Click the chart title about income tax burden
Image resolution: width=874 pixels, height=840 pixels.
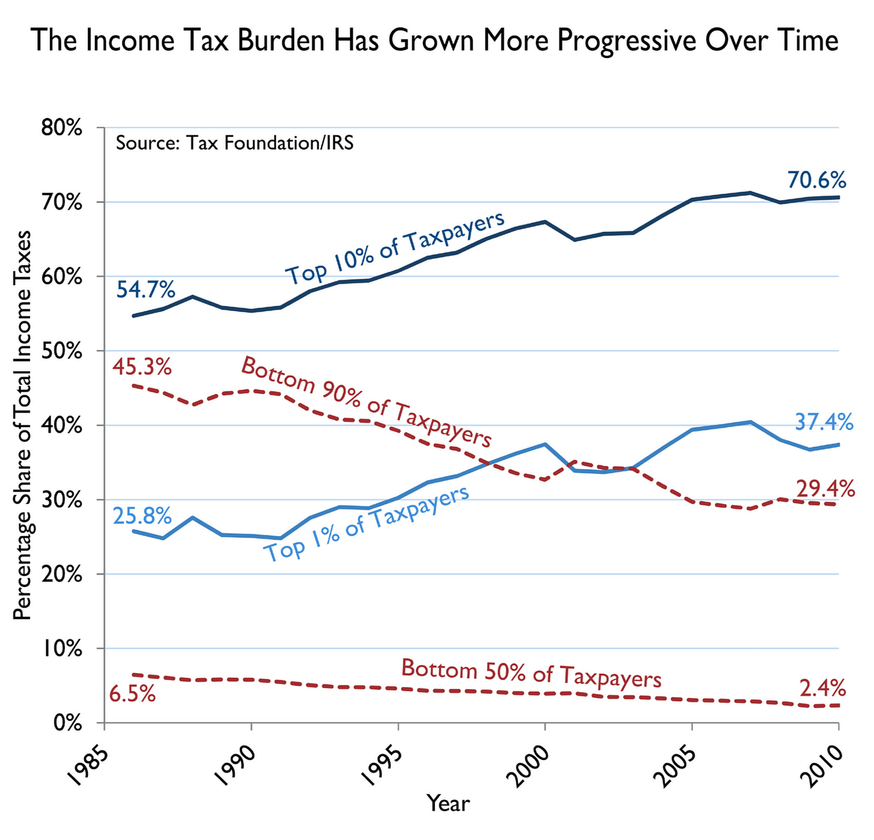[435, 41]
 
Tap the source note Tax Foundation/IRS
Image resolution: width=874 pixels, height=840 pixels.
[235, 143]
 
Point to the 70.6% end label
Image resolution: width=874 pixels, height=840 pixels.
[817, 180]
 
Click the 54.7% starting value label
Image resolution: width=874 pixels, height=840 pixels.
[145, 290]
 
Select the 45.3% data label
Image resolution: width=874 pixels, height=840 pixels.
[142, 367]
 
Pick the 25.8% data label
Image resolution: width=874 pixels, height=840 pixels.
[142, 516]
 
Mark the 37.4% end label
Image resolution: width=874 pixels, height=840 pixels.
[823, 422]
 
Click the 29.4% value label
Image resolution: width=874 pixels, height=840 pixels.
[825, 488]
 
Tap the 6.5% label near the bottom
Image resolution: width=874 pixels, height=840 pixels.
[132, 693]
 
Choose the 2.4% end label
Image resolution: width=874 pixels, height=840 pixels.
[823, 688]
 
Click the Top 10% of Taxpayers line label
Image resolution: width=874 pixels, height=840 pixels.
[395, 248]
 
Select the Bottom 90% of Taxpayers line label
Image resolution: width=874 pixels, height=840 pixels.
[366, 402]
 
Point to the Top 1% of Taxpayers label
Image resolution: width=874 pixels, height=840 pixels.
[366, 525]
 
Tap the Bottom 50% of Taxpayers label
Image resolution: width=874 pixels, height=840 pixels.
[531, 673]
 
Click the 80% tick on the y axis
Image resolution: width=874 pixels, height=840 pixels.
[61, 128]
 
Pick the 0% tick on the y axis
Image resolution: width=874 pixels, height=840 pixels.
[67, 723]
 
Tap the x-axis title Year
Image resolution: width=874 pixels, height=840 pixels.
[448, 803]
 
